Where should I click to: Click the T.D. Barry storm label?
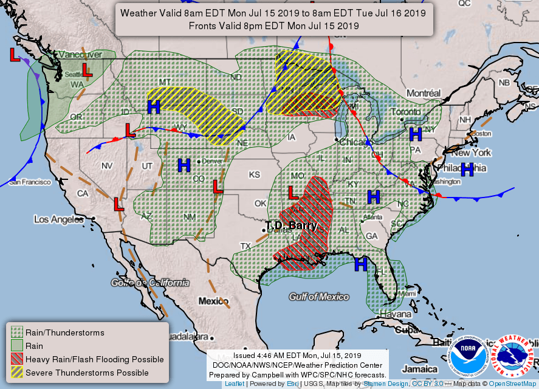(292, 225)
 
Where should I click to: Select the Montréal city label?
(423, 94)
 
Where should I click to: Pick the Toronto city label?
(405, 112)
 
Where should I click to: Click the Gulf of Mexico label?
(319, 297)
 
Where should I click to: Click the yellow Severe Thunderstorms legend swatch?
(16, 373)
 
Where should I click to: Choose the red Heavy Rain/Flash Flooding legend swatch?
(16, 359)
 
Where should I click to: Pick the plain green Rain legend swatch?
(16, 346)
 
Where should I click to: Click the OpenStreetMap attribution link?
(513, 384)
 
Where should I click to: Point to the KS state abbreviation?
(254, 175)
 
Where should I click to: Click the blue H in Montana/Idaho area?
(154, 107)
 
